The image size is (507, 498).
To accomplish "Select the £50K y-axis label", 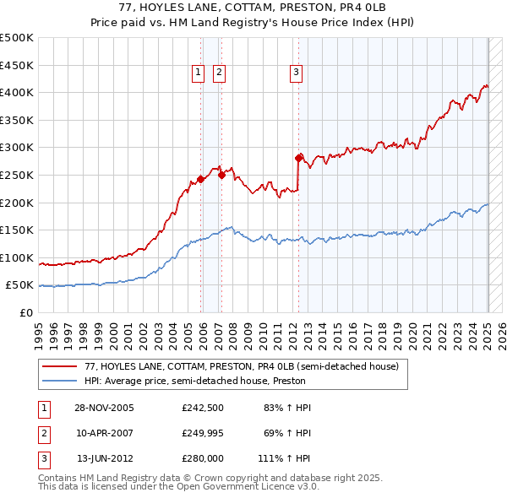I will pos(20,285).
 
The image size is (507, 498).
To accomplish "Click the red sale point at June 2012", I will pos(298,157).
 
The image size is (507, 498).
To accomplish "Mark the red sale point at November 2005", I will pos(201,178).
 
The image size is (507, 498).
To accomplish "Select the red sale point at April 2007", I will pos(221,175).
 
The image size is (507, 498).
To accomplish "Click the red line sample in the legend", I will pos(60,367).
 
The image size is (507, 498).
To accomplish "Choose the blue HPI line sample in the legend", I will pos(60,381).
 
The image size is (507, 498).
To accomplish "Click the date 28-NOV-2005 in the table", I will pos(104,408).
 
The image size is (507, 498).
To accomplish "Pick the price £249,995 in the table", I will pos(203,434).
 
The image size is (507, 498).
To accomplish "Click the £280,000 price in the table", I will pos(203,460).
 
